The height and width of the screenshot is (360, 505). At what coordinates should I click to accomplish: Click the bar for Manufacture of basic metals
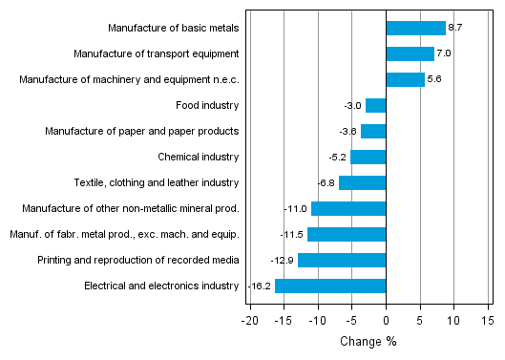415,28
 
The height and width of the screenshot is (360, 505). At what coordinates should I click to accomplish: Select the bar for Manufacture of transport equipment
410,53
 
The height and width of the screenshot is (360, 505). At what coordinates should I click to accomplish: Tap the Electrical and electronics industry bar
330,286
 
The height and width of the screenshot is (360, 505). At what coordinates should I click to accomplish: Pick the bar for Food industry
375,105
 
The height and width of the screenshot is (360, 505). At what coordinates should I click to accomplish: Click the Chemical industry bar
368,157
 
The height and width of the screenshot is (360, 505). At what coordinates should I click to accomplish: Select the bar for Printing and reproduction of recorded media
342,260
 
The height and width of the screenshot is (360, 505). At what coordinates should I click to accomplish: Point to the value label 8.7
455,28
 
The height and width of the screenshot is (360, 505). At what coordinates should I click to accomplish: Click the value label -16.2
261,286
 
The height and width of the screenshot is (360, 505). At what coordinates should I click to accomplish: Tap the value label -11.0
297,208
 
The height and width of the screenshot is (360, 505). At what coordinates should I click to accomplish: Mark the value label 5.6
434,79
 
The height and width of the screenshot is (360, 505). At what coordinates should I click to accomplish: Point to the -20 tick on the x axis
250,320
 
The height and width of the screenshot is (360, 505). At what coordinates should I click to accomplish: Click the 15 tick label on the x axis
487,320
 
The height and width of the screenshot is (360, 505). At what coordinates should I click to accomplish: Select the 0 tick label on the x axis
386,320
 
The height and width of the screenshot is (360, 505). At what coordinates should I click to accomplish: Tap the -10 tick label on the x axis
317,320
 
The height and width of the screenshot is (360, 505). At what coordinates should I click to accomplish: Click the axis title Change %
368,341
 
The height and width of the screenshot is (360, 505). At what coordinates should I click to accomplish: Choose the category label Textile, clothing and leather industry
157,182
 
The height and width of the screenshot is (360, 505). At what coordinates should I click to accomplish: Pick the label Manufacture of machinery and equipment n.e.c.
129,79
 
